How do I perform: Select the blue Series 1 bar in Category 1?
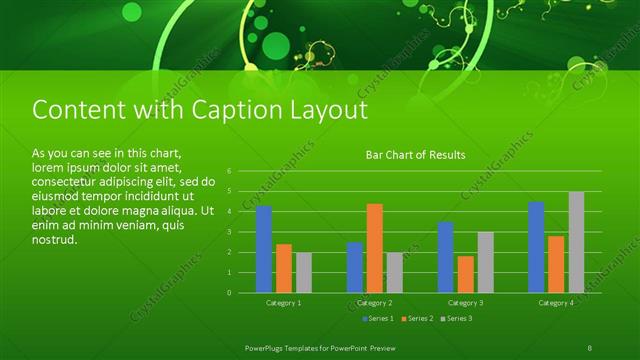click(x=264, y=250)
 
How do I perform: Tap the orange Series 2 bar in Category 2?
click(x=375, y=248)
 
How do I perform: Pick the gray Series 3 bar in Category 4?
click(x=576, y=242)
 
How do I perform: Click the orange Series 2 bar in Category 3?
click(x=466, y=274)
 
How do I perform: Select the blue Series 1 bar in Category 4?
click(x=536, y=247)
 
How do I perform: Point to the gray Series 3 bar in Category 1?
click(x=304, y=272)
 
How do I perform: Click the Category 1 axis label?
click(x=284, y=302)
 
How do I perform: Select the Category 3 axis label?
click(x=465, y=302)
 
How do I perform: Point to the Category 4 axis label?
click(x=556, y=302)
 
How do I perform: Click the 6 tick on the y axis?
click(x=229, y=171)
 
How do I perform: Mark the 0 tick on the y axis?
click(x=229, y=293)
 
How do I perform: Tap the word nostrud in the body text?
click(x=54, y=241)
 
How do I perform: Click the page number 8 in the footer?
click(x=590, y=347)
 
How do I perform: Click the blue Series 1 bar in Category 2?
click(x=355, y=267)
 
